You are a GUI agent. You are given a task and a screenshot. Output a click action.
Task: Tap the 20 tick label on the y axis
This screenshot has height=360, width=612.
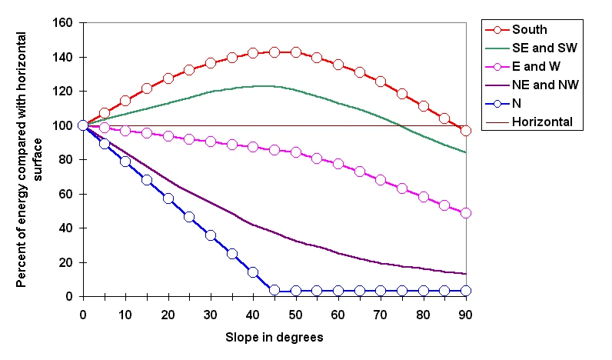(x=67, y=262)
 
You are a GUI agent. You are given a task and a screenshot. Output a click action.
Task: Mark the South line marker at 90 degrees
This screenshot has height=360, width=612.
(x=466, y=131)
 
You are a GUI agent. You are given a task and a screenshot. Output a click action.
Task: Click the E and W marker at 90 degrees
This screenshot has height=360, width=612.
(x=466, y=213)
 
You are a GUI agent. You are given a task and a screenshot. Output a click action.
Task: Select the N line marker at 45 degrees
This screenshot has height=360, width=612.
(x=274, y=290)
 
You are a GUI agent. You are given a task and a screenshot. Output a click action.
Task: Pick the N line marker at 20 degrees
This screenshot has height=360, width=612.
(x=168, y=198)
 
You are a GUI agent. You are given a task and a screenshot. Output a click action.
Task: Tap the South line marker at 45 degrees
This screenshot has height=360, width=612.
(x=274, y=52)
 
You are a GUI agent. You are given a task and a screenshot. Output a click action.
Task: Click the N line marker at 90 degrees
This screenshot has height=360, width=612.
(x=466, y=291)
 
